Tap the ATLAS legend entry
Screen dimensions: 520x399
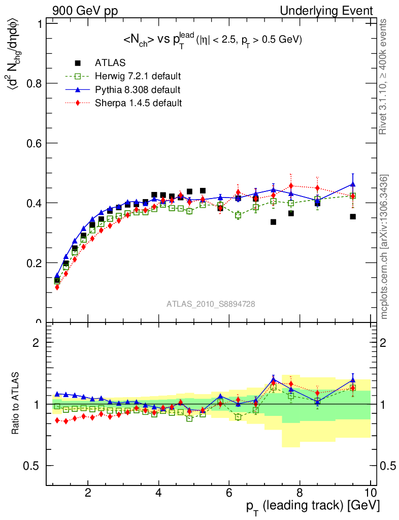click(x=108, y=63)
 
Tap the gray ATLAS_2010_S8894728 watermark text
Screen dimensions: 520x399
click(x=211, y=304)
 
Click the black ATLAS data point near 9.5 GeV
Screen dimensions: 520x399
click(x=353, y=217)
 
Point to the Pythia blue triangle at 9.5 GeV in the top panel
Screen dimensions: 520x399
click(x=353, y=184)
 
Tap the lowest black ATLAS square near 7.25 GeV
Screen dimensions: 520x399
click(x=273, y=222)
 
